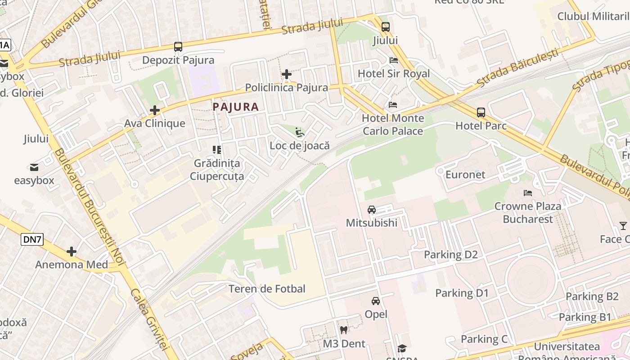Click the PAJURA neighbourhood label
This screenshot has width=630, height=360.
pos(235,107)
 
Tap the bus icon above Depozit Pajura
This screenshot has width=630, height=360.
pos(178,47)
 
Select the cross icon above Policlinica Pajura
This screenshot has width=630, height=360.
pos(287,74)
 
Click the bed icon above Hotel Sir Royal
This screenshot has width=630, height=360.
pos(394,60)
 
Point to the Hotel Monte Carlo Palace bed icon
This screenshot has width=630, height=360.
pos(393,105)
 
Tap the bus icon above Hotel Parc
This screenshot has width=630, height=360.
pos(481,112)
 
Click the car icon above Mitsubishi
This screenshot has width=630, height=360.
pos(372,210)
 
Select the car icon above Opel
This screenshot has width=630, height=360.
pos(376,301)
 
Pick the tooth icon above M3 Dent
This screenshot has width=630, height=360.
pos(344,330)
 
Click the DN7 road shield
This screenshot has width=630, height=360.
pos(32,240)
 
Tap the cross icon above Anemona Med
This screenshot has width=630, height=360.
pos(72,252)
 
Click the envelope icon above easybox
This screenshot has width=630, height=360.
pos(34,168)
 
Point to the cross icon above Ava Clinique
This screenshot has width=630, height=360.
pos(155,110)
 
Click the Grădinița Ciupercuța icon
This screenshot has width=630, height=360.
pos(217,150)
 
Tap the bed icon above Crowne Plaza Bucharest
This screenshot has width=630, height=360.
pos(528,193)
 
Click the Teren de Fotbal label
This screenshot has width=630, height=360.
pos(267,289)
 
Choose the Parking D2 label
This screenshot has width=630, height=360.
pos(450,255)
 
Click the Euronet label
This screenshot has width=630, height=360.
pos(465,175)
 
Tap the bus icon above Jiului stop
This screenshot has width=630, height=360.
pos(386,27)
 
